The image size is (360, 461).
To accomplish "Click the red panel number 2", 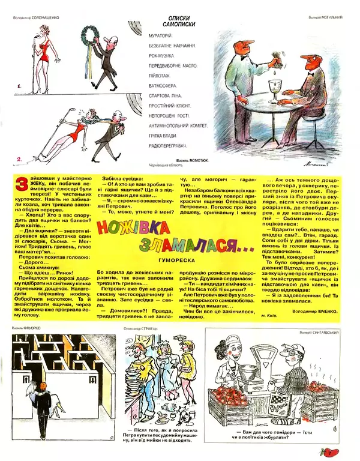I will coord(19,159).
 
